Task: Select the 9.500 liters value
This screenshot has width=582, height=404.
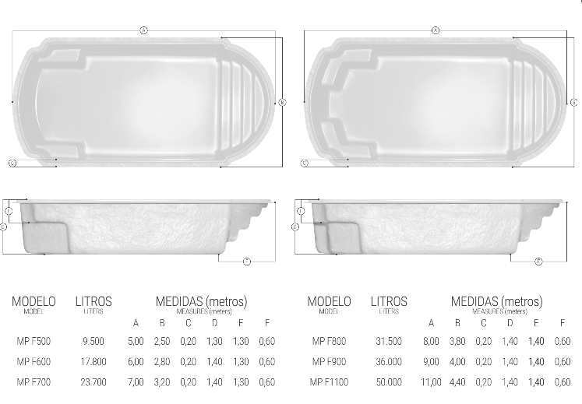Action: pyautogui.click(x=93, y=341)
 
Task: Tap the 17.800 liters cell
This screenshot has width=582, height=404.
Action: pyautogui.click(x=93, y=362)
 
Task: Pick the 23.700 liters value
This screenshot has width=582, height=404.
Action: pyautogui.click(x=93, y=382)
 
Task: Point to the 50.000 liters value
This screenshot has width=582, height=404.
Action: pyautogui.click(x=389, y=382)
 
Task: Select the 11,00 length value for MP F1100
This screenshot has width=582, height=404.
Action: pyautogui.click(x=431, y=382)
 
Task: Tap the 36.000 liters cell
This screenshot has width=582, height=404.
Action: pyautogui.click(x=389, y=362)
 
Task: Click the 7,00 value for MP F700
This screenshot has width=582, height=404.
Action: pyautogui.click(x=136, y=382)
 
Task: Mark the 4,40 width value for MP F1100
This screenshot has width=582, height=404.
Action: pyautogui.click(x=458, y=382)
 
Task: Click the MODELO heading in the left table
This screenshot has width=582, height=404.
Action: pyautogui.click(x=34, y=301)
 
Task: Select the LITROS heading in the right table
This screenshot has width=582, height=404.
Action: pyautogui.click(x=389, y=301)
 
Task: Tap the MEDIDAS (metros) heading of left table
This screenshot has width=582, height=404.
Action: pyautogui.click(x=201, y=301)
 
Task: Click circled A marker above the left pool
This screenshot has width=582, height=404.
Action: pyautogui.click(x=143, y=30)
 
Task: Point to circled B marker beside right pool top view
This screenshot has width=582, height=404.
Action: pyautogui.click(x=573, y=102)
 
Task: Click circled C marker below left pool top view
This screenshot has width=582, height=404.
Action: pyautogui.click(x=12, y=163)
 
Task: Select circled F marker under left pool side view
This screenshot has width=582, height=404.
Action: pyautogui.click(x=246, y=261)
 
